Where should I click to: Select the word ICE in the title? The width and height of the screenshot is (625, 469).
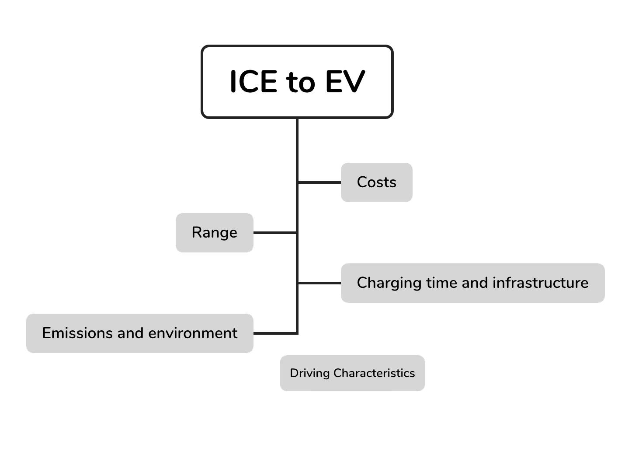(x=253, y=82)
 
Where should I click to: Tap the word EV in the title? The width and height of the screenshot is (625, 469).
(x=345, y=82)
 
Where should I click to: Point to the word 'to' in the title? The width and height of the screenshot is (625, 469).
(x=301, y=83)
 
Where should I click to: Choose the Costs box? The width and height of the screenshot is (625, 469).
(x=376, y=182)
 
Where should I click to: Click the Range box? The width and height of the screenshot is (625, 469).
(x=215, y=232)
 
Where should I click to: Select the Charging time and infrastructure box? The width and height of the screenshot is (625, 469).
(x=472, y=283)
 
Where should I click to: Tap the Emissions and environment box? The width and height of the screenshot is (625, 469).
(x=140, y=333)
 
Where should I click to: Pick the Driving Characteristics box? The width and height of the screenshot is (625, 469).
(x=352, y=373)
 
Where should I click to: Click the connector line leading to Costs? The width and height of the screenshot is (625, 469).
(x=319, y=182)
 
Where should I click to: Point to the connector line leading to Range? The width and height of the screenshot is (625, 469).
(x=275, y=233)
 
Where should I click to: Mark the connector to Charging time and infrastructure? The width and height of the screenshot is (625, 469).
(x=319, y=283)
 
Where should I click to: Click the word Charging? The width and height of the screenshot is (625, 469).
(x=389, y=283)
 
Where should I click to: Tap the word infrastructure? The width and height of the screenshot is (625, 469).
(x=541, y=283)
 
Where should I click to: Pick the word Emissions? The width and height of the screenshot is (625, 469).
(x=77, y=333)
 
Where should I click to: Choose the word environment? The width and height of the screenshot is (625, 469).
(x=193, y=333)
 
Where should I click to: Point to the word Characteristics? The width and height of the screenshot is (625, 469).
(x=374, y=373)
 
